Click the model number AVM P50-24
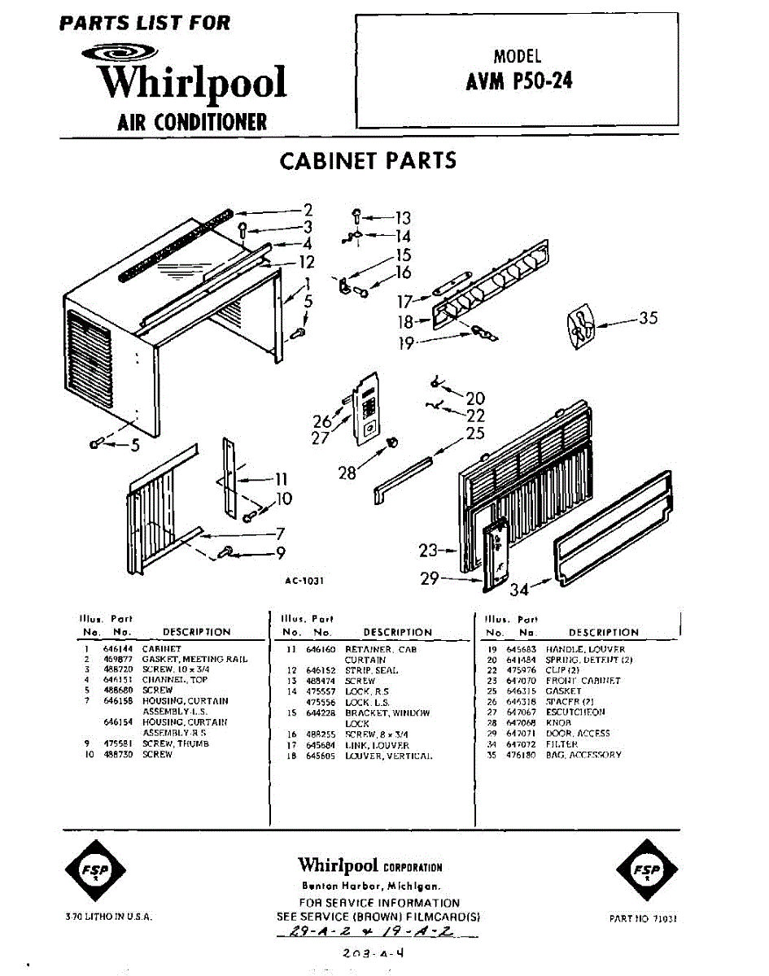click(x=518, y=81)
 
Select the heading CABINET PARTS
click(x=368, y=160)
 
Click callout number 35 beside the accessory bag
click(x=648, y=318)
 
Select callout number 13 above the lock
click(x=403, y=217)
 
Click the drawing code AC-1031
click(x=305, y=581)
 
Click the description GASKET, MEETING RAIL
click(x=195, y=659)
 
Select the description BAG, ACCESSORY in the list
click(x=583, y=755)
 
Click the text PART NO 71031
click(x=643, y=918)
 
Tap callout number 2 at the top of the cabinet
click(x=308, y=209)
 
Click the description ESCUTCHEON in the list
click(x=575, y=712)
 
